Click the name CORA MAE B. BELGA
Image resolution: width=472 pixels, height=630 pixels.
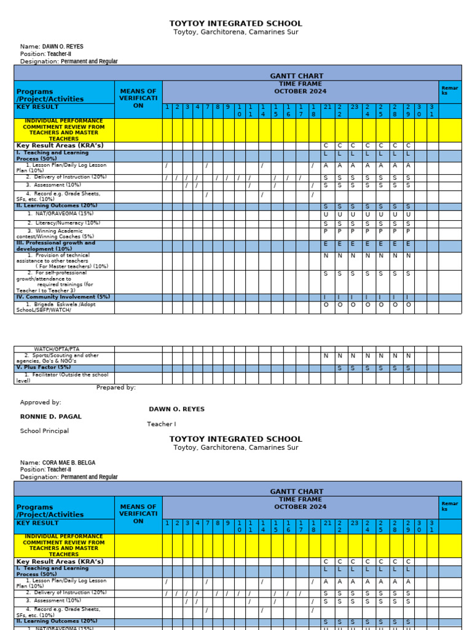(68, 462)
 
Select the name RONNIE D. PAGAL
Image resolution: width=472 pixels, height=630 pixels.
(50, 417)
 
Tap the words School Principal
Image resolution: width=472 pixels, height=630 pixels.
(44, 431)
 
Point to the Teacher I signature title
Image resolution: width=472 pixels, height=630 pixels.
(161, 424)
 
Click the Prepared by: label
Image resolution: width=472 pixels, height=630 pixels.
(116, 388)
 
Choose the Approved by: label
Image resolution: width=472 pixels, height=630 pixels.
(41, 402)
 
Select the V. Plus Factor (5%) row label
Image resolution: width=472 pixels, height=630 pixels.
(43, 367)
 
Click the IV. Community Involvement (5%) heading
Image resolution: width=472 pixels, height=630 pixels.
(63, 297)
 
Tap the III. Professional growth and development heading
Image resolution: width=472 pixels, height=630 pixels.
(55, 245)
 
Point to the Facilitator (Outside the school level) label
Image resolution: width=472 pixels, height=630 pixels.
(61, 377)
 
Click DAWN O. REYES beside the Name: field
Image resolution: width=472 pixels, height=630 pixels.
(62, 46)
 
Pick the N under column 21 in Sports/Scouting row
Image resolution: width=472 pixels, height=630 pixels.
(326, 356)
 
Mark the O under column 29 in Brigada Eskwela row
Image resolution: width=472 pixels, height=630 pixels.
(407, 304)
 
